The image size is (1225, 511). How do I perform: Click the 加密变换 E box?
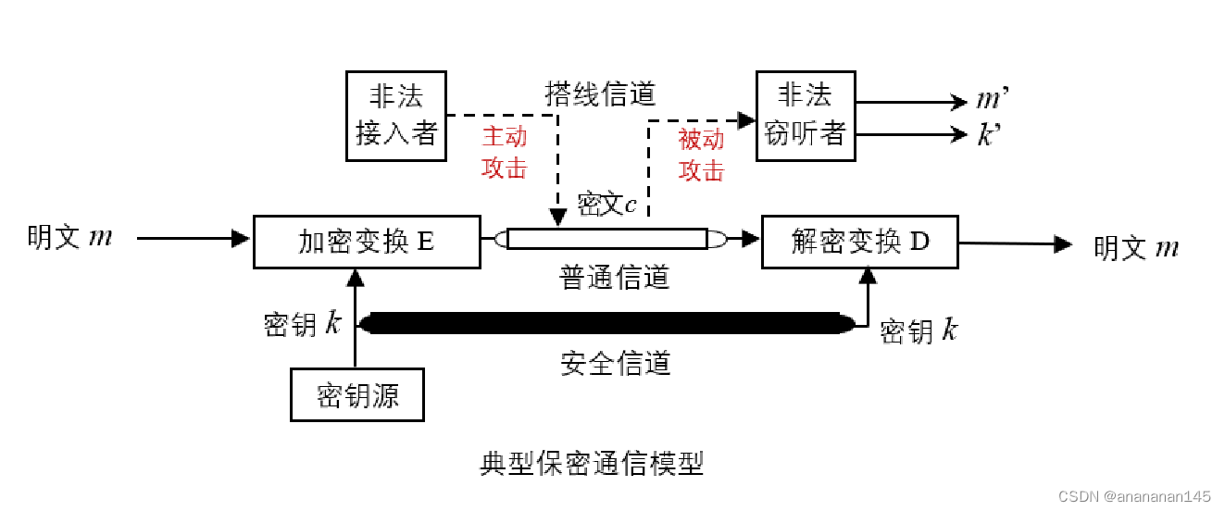pos(367,242)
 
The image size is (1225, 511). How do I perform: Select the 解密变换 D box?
pos(859,242)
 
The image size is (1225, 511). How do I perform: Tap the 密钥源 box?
pos(357,395)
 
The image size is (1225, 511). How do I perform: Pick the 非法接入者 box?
pos(395,115)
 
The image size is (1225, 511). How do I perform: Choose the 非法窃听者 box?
pos(805,115)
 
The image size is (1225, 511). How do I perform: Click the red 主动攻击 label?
pos(505,152)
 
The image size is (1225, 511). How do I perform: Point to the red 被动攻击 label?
pos(701,155)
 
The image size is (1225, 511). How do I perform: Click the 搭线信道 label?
pos(600,93)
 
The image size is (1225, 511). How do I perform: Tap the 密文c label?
pos(606,204)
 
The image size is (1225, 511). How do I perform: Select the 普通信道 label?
pos(614,276)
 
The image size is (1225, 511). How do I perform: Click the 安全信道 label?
pos(615,363)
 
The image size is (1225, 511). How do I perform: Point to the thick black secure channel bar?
pos(606,323)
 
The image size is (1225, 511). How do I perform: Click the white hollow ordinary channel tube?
pos(607,239)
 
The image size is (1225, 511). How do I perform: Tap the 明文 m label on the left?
pos(70,237)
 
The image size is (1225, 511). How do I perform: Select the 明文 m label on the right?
pos(1136,247)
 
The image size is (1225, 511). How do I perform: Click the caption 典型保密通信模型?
pos(592,463)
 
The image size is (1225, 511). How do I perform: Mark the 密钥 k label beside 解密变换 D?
pos(919,330)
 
